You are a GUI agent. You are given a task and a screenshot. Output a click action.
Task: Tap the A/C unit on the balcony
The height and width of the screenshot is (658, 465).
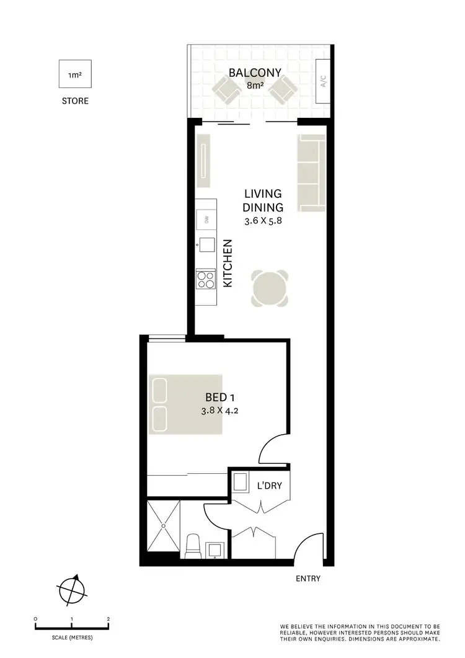323,82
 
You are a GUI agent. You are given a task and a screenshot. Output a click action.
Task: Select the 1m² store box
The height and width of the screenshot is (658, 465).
75,75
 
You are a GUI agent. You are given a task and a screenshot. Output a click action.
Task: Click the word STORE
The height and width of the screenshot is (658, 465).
75,100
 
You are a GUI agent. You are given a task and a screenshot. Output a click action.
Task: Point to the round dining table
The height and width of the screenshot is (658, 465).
270,288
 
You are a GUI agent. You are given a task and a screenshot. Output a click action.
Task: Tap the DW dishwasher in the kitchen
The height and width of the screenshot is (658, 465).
206,220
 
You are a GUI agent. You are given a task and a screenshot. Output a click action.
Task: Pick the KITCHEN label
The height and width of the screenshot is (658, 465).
228,263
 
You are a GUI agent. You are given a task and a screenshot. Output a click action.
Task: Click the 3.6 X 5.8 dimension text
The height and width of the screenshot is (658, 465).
263,220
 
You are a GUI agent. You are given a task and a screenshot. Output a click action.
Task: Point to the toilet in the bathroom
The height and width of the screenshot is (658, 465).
192,546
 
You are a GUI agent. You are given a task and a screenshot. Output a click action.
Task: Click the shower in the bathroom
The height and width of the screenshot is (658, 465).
163,526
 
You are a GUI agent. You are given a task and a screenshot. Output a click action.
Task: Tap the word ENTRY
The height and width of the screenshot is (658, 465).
308,579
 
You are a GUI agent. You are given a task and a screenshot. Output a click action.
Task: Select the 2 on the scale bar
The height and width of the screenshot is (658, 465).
108,620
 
